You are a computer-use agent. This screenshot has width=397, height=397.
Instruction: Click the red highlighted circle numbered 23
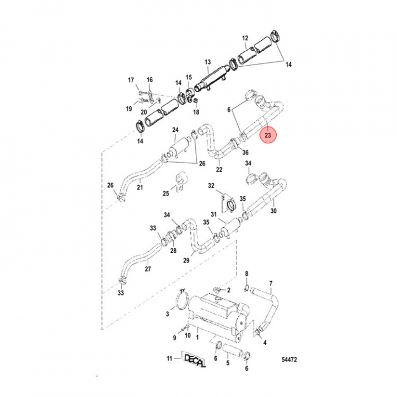(268, 135)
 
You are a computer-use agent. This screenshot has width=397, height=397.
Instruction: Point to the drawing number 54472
(288, 360)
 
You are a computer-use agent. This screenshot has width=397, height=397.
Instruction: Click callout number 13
(208, 62)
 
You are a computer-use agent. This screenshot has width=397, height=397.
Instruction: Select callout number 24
(175, 131)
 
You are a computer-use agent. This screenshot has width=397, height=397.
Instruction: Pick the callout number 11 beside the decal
(170, 359)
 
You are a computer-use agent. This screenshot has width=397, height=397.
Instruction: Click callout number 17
(131, 81)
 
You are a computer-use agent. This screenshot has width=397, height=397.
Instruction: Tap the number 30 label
(273, 210)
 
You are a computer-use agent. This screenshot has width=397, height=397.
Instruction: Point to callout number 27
(148, 270)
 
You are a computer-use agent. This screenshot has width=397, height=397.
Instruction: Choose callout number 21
(140, 188)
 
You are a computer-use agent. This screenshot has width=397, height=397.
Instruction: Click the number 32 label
(211, 186)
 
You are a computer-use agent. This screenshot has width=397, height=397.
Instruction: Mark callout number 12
(245, 38)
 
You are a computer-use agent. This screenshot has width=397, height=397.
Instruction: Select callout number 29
(186, 260)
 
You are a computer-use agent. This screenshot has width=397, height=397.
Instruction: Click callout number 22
(219, 169)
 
